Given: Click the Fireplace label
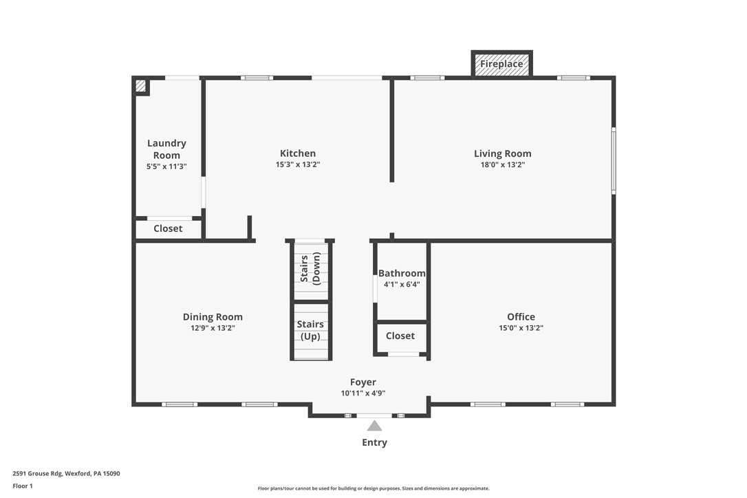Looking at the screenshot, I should (x=501, y=64).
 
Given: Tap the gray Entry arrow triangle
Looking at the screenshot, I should (x=374, y=426).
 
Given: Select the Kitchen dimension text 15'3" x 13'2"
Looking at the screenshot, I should (x=298, y=165).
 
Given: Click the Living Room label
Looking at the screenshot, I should (x=502, y=153).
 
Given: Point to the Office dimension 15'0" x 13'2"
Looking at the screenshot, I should (x=521, y=328).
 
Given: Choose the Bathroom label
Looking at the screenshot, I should (x=402, y=273).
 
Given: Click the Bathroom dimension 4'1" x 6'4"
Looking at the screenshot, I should (x=402, y=284).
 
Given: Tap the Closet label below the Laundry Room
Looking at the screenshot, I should (x=168, y=228).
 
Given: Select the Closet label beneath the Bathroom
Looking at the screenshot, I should (x=400, y=336).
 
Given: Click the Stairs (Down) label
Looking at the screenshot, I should (x=310, y=268).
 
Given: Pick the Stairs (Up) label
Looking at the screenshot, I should (x=310, y=330).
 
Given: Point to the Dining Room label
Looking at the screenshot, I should (x=213, y=317).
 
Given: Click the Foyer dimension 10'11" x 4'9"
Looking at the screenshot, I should (x=363, y=393).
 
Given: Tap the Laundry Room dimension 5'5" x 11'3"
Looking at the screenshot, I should (x=166, y=166).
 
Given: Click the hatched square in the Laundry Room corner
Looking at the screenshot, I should (x=140, y=86).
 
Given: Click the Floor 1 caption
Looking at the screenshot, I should (x=22, y=486).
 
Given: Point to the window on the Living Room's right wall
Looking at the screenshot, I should (x=614, y=160).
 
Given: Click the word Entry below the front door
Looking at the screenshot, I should (x=374, y=442).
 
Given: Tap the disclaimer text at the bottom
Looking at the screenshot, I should (x=373, y=488).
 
